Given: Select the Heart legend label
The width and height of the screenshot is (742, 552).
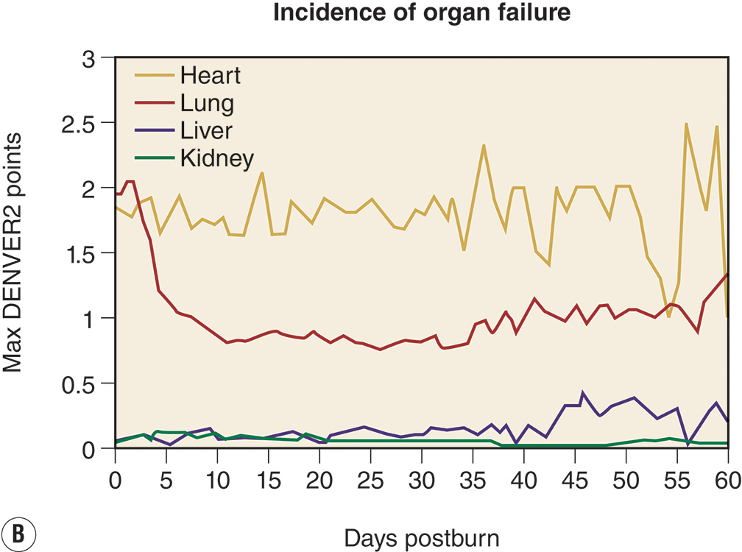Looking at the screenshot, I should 211,75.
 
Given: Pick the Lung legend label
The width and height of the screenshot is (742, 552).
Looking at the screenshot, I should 207,103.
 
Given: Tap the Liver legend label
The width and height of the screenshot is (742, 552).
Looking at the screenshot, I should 206,130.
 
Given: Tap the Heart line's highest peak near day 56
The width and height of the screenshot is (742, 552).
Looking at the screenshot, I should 686,124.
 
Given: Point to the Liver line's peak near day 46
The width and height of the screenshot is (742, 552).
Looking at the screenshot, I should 584,393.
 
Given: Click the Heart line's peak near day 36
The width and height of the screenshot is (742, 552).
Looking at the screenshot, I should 484,146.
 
